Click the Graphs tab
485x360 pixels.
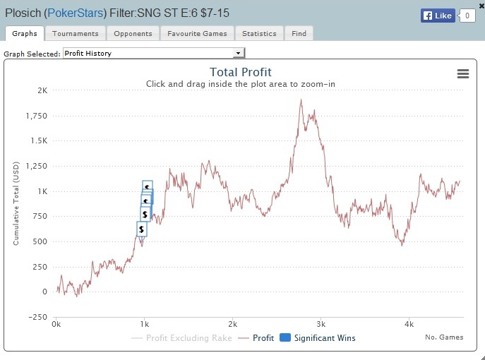(x=25, y=33)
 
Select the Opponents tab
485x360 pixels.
(x=133, y=33)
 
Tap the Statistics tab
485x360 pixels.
(x=259, y=33)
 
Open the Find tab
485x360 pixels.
(x=299, y=33)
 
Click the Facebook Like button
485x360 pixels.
(x=438, y=15)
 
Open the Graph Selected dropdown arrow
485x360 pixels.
(x=239, y=53)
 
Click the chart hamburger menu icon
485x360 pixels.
(x=462, y=74)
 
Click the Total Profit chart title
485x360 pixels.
(x=241, y=72)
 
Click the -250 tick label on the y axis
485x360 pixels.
(x=38, y=316)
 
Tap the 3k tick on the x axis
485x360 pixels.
(x=321, y=325)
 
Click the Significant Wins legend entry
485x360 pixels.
(x=319, y=338)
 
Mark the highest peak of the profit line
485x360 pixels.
(x=301, y=100)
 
